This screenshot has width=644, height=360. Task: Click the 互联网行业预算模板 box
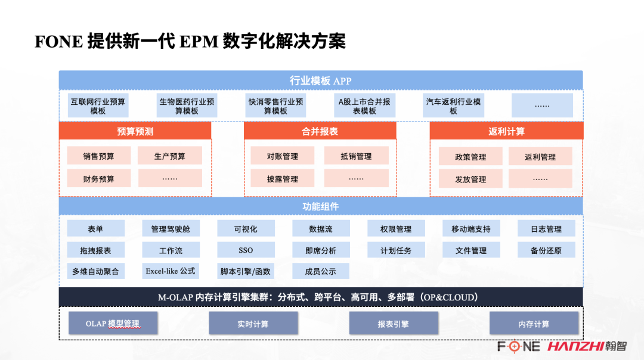[x=98, y=106]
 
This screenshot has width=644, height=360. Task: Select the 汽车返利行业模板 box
[x=453, y=106]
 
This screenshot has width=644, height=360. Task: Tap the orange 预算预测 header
[x=135, y=131]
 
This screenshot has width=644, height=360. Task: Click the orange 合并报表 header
[x=320, y=131]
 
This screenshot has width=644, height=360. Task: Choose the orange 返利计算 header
[x=506, y=131]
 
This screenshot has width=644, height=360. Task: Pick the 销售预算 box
[x=99, y=156]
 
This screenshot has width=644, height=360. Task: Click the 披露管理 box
[x=283, y=178]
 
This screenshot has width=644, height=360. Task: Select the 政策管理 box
[x=470, y=157]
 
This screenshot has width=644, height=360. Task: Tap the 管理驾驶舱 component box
[x=171, y=229]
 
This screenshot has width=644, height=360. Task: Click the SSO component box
[x=246, y=250]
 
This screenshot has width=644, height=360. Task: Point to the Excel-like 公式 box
[x=171, y=271]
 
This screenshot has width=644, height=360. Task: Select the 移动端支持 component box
[x=471, y=229]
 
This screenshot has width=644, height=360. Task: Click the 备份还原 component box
[x=546, y=250]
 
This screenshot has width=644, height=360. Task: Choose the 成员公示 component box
[x=321, y=271]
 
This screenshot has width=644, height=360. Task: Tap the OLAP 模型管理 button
[x=113, y=324]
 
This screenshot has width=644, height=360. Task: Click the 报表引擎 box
[x=394, y=324]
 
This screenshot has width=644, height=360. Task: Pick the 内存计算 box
[x=534, y=324]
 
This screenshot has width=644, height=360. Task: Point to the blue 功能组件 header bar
[x=320, y=206]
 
